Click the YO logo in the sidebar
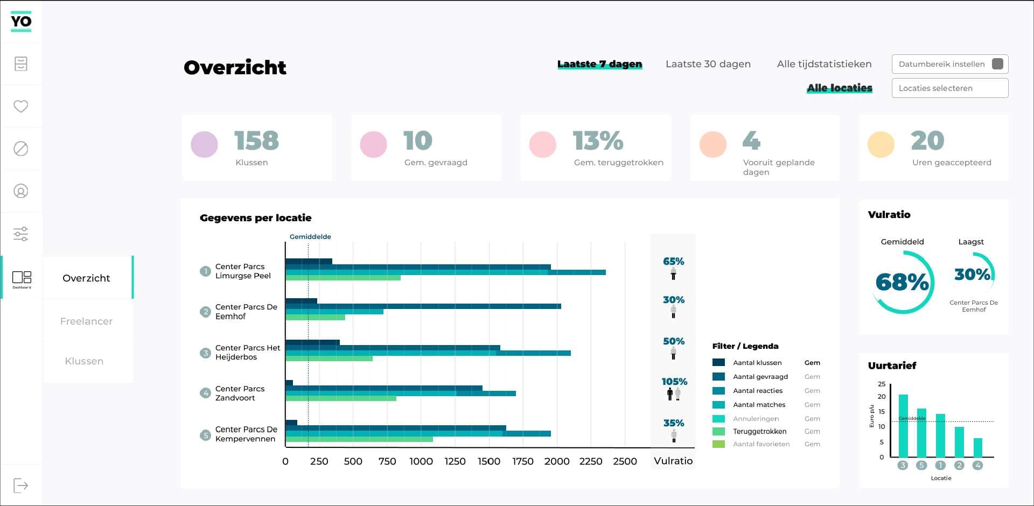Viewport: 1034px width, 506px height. [x=21, y=22]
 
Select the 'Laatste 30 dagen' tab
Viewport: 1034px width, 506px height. [x=708, y=64]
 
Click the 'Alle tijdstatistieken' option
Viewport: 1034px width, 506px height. [x=824, y=64]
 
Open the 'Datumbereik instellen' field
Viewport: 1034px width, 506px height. [x=949, y=64]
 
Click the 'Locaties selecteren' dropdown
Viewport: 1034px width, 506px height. [x=949, y=88]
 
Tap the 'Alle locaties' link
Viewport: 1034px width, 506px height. [x=839, y=88]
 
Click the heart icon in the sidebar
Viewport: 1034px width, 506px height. [x=21, y=106]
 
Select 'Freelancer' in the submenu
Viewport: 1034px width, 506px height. [x=86, y=321]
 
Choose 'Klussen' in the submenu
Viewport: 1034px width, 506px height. [x=84, y=361]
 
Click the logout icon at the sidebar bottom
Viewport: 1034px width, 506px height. [x=20, y=486]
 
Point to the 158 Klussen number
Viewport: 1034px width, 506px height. [x=256, y=141]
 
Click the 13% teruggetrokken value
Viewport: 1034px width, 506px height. [x=598, y=141]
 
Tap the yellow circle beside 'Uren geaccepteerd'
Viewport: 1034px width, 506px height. [x=881, y=144]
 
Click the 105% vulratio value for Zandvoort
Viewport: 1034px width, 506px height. [x=674, y=382]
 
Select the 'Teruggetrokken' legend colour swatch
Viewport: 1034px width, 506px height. [x=718, y=432]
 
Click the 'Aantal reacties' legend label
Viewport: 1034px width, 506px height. [x=757, y=391]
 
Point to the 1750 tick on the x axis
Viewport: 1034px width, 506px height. [x=522, y=461]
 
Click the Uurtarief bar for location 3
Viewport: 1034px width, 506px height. [x=903, y=426]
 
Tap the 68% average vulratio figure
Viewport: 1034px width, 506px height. [x=902, y=282]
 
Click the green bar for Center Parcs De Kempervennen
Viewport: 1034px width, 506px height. [x=359, y=439]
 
